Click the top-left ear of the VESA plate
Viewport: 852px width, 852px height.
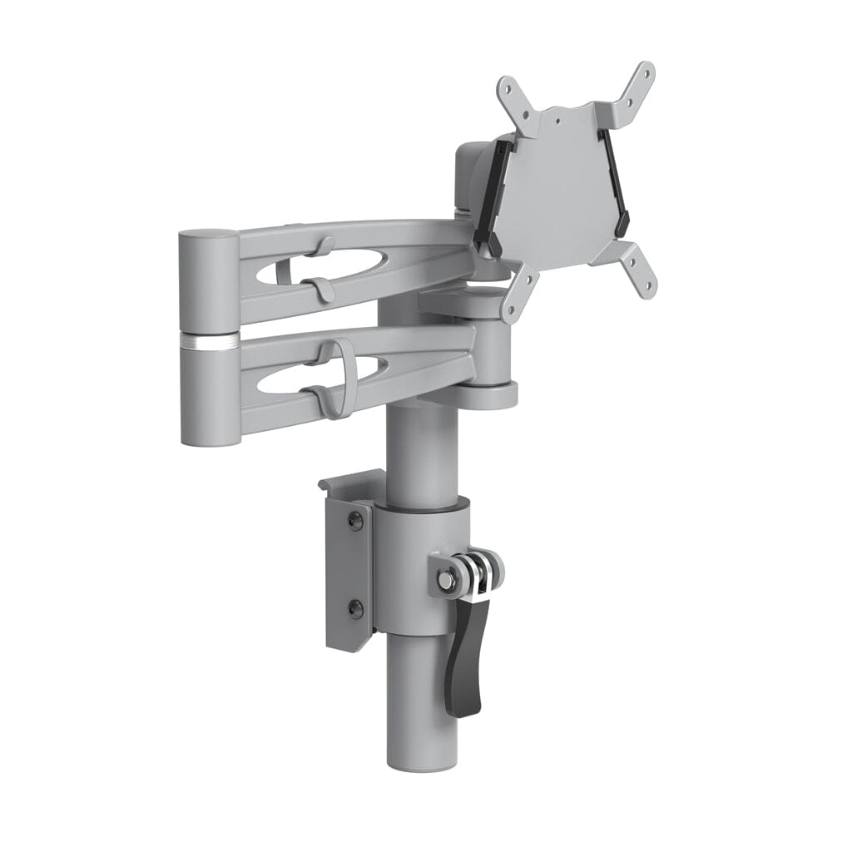509,89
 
